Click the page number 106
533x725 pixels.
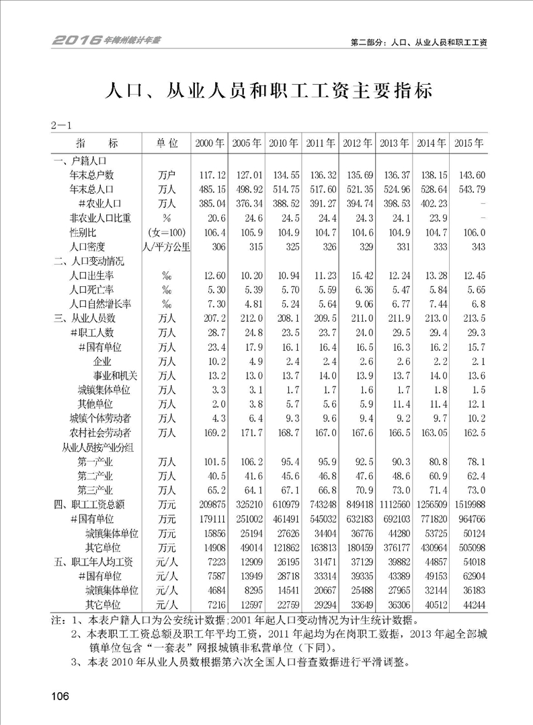(x=60, y=696)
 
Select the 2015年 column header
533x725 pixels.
(x=468, y=143)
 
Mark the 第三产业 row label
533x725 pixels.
(x=95, y=489)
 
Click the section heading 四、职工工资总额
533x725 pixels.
(x=89, y=504)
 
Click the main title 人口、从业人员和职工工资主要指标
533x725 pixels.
(x=266, y=90)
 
